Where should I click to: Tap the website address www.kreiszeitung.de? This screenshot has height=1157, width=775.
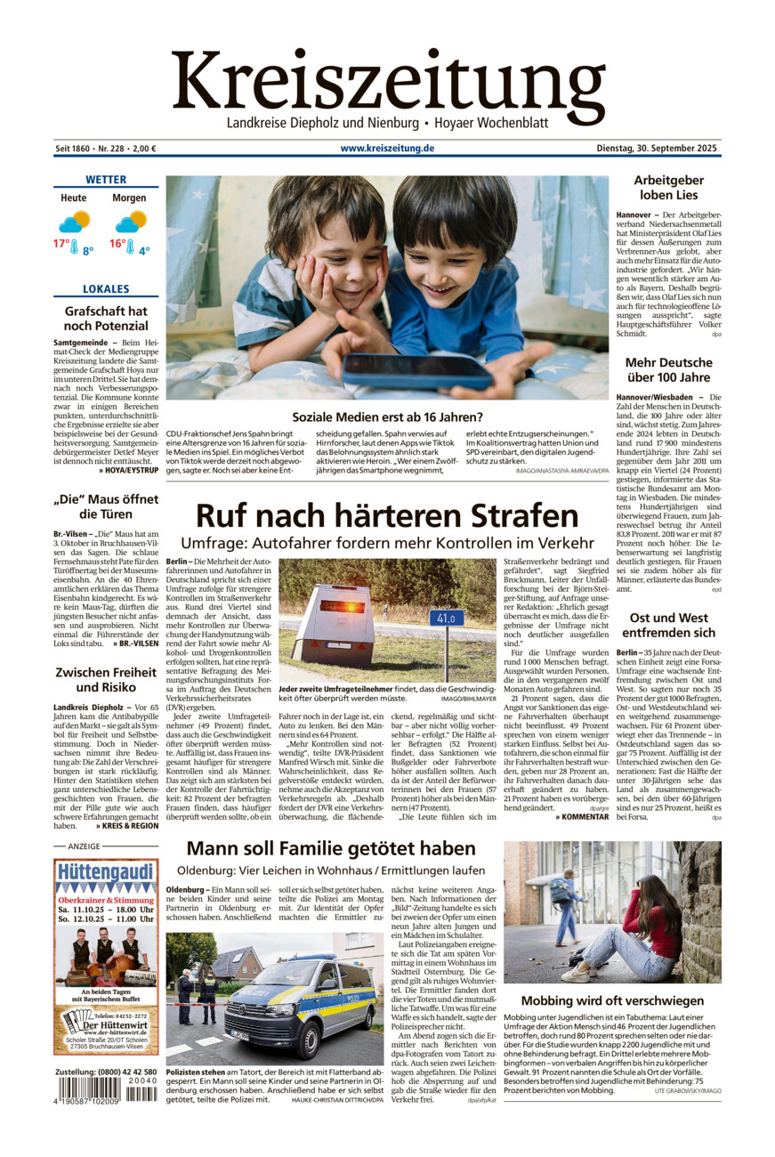pos(387,149)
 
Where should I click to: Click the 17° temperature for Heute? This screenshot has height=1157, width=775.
pos(61,243)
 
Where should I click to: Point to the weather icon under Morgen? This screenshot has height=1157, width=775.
pos(130,222)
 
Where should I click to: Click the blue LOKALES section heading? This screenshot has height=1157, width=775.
pos(106,289)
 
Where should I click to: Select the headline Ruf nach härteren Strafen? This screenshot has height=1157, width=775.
pos(387,515)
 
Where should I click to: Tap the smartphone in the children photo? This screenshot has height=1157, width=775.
pos(417,369)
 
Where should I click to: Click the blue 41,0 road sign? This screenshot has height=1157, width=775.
pos(446,618)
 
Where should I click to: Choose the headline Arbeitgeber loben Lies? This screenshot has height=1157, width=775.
pos(668,188)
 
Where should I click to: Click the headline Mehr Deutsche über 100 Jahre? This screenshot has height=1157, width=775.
pos(668,370)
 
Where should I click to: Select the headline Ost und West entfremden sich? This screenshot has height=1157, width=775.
pos(668,625)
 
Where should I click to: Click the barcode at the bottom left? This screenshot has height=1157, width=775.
pos(106,1088)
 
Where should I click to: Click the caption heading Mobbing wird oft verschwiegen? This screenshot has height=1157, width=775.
pos(612,1000)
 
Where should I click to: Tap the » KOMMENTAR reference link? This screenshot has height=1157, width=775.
pos(579,816)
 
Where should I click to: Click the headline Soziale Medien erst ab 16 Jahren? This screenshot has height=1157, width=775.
pos(387,416)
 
